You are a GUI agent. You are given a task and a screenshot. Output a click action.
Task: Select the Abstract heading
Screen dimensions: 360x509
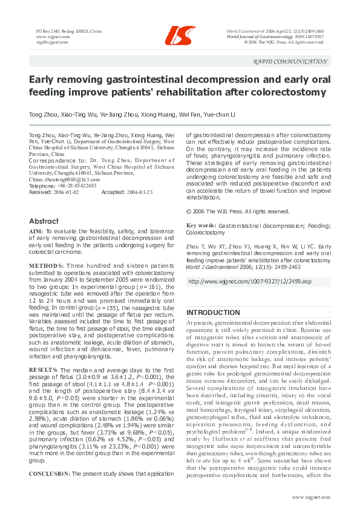(44, 221)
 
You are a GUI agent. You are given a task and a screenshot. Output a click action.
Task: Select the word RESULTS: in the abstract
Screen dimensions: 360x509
(44, 368)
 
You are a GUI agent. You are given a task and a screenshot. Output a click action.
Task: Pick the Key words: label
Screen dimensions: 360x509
(201, 225)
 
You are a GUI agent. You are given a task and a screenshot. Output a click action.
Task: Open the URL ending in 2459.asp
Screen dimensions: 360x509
(250, 282)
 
